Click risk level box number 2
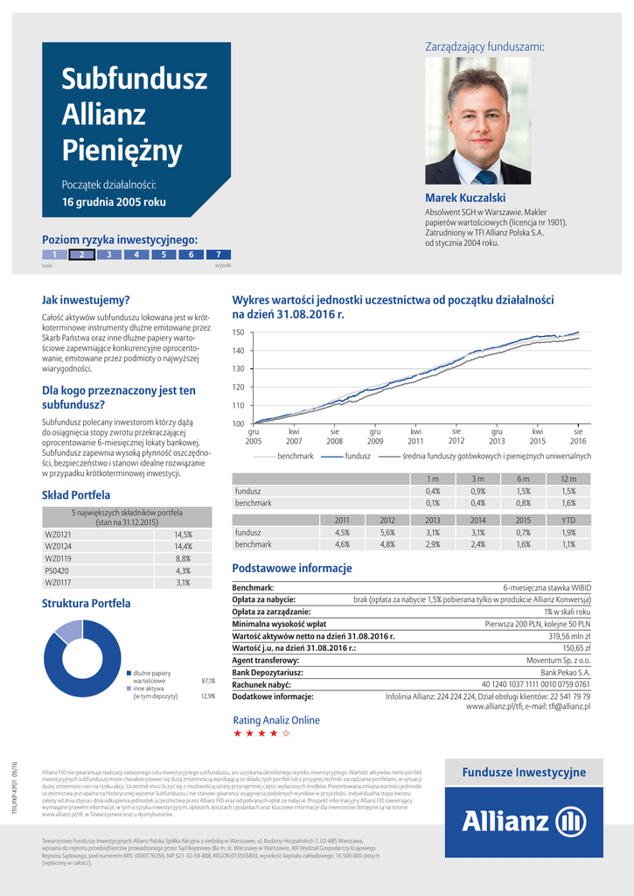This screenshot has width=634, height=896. point(81,255)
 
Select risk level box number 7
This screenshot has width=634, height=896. point(218,255)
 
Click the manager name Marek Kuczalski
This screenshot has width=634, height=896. point(465,199)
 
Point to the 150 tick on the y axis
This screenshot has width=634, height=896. point(238,332)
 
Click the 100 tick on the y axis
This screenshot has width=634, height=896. point(238,423)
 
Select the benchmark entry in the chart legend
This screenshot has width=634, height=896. point(295,456)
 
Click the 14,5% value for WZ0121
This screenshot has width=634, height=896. point(183,534)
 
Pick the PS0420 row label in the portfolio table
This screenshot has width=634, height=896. point(57,570)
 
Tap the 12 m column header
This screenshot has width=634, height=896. point(568,479)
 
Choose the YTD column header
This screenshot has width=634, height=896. point(568,520)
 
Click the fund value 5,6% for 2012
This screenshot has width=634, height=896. point(387,532)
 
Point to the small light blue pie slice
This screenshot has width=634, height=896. point(69,633)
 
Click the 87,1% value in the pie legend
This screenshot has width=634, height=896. point(208,680)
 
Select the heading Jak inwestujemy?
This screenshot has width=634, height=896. point(86,300)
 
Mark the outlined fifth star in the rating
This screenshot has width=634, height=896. point(286,734)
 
